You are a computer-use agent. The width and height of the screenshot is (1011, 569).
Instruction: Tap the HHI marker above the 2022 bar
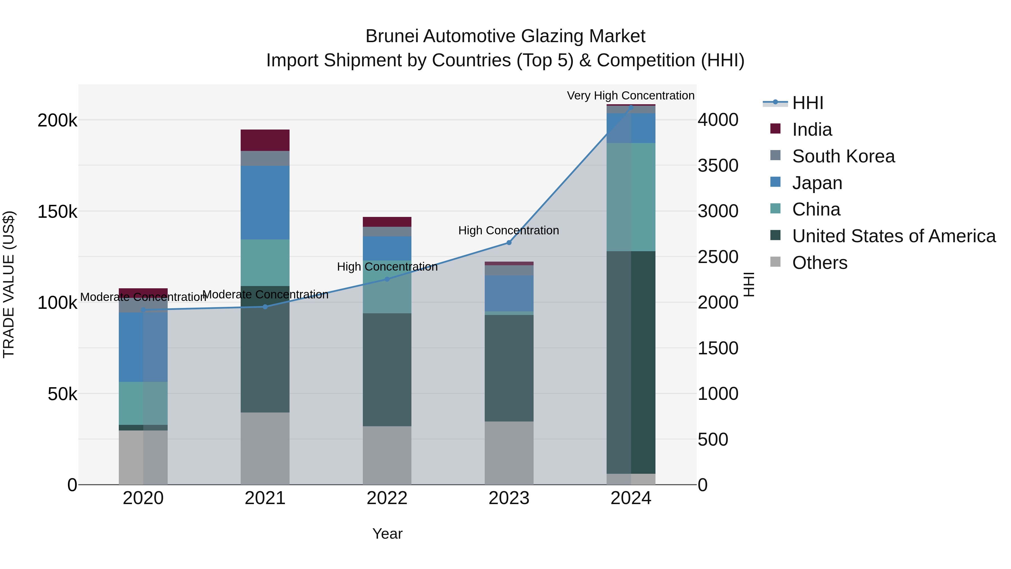point(387,279)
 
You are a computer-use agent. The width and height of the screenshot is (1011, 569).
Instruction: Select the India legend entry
point(811,130)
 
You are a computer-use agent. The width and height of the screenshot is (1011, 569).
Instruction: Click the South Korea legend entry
point(843,156)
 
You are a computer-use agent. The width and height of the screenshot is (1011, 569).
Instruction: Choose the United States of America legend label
point(894,236)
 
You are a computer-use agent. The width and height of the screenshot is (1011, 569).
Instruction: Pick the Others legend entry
point(819,263)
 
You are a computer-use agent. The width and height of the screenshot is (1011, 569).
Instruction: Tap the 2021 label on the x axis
point(265,498)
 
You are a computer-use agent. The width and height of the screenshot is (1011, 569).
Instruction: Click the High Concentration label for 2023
point(508,230)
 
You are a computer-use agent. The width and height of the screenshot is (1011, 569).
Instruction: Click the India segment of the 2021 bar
point(265,140)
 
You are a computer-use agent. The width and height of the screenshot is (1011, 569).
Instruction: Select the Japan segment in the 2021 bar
point(265,202)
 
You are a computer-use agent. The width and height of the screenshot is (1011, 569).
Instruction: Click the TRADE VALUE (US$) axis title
point(9,284)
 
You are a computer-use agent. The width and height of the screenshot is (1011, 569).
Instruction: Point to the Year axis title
point(387,534)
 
